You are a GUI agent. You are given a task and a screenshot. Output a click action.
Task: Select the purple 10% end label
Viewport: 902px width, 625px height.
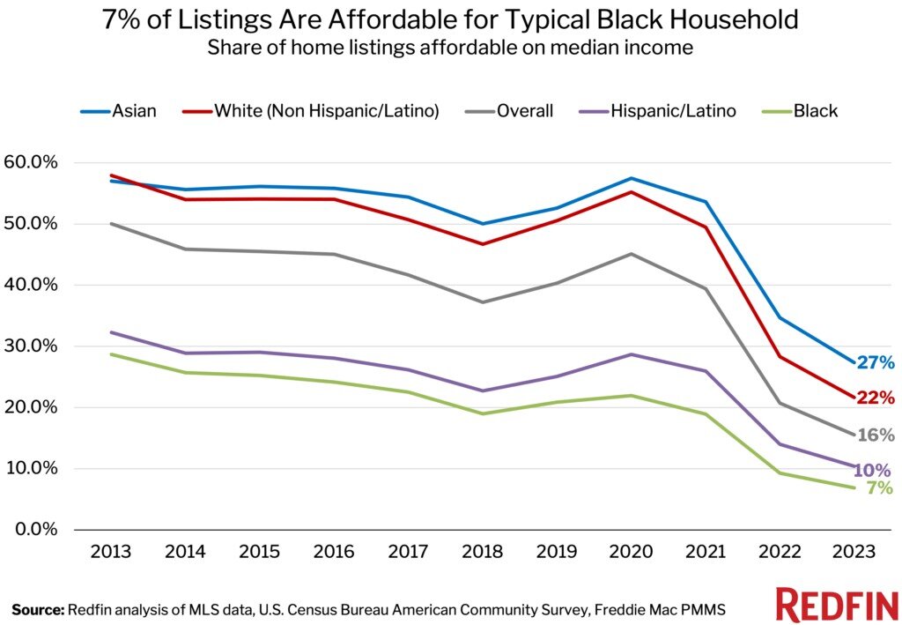875,470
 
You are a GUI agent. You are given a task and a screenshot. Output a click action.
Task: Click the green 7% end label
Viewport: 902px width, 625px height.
879,488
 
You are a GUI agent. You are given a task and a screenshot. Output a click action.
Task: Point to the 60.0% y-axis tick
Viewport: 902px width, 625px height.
30,163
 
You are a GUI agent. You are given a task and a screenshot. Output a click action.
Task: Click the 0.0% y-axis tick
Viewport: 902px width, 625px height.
33,530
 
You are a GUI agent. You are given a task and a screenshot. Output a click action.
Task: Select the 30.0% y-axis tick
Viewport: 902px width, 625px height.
30,346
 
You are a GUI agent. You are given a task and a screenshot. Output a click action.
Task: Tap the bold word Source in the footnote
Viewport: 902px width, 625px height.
38,608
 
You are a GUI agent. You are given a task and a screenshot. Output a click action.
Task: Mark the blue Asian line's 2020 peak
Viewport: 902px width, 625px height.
631,178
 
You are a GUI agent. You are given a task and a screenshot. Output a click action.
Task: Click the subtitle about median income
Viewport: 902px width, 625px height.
450,48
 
